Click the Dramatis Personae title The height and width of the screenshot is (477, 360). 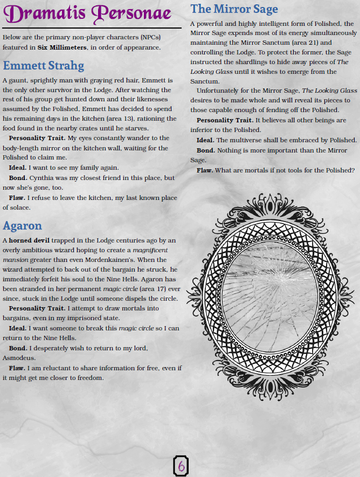coord(91,14)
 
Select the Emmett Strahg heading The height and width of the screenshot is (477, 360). coord(43,66)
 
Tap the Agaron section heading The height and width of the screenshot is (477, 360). coord(22,225)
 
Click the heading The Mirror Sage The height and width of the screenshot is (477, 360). coord(234,9)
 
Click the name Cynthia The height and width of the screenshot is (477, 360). coord(44,178)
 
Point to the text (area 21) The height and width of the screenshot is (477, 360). coord(304,43)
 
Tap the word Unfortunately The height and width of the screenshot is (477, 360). coord(221,91)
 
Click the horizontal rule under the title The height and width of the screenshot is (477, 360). coord(91,28)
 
